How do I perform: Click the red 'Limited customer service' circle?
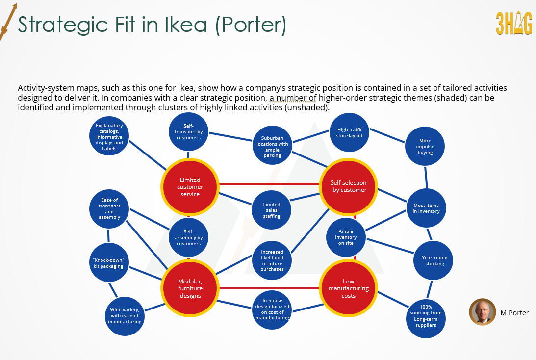pos(190,187)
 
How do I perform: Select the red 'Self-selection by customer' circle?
pos(349,186)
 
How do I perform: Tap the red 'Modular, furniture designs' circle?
pos(190,288)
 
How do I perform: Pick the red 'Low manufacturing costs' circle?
pos(349,288)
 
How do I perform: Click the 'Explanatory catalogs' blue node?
pos(109,137)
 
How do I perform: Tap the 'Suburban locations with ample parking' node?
pos(272,146)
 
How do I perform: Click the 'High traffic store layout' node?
pos(350,133)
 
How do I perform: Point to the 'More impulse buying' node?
pos(425,146)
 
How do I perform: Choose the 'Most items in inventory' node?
pos(426,208)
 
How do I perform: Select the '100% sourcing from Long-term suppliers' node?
pos(425,318)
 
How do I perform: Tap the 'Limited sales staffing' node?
pos(272,210)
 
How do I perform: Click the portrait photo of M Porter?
pos(482,312)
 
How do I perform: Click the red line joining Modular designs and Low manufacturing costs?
pos(269,288)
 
